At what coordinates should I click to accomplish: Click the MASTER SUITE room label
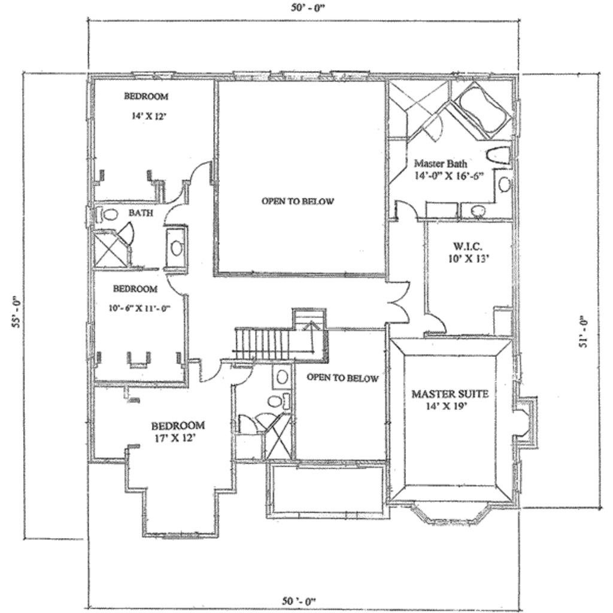coord(450,394)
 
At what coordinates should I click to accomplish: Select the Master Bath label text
coord(441,163)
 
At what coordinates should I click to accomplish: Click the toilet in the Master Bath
coord(497,156)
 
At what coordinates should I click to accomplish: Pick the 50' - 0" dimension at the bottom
coord(299,600)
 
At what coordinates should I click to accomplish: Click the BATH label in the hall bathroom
coord(141,213)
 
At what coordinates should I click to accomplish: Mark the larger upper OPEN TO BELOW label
coord(298,201)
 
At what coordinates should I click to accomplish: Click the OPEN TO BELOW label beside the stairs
coord(342,378)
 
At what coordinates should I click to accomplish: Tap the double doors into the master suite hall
coord(399,299)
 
